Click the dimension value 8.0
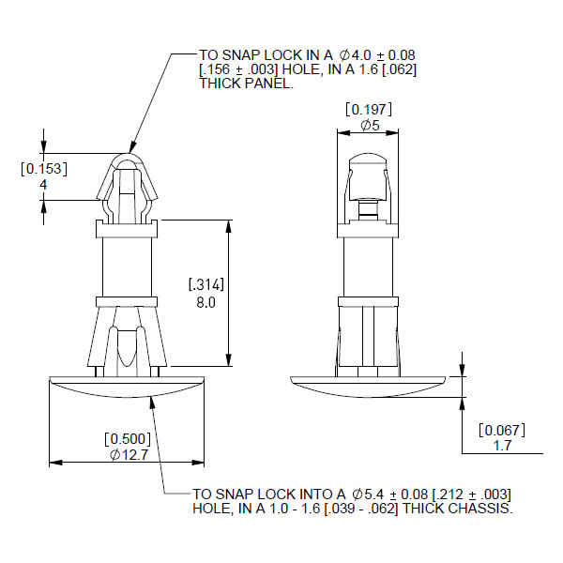205,303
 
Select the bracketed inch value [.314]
206,284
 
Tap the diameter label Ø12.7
129,455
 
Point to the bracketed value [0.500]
128,439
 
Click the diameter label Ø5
370,126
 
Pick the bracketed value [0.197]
369,110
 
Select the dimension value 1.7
502,446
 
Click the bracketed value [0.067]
502,430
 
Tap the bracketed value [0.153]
44,169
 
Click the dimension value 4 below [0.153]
43,185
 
